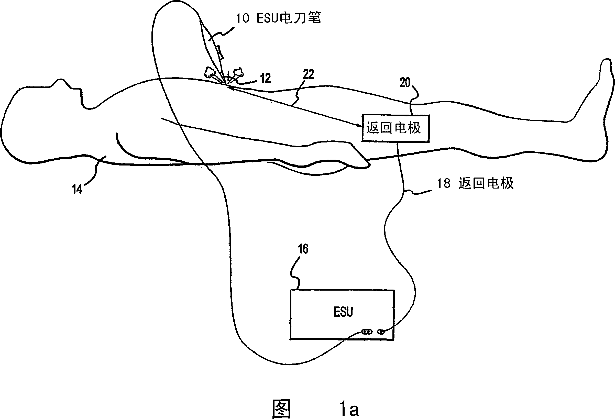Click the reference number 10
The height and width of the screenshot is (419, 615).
(243, 18)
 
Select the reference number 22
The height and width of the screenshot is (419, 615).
(308, 74)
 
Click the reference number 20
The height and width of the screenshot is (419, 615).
(405, 83)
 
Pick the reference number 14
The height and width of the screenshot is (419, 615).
(77, 189)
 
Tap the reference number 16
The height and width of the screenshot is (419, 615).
(303, 249)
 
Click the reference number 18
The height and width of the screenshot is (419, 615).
(443, 183)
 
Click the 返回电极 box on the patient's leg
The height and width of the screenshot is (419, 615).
(395, 128)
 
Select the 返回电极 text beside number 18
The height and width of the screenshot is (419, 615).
(486, 183)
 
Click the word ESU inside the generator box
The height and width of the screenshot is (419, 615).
(343, 312)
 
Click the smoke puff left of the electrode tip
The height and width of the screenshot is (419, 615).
(210, 72)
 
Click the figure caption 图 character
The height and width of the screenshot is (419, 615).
(282, 409)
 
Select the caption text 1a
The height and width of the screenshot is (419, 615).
(349, 409)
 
